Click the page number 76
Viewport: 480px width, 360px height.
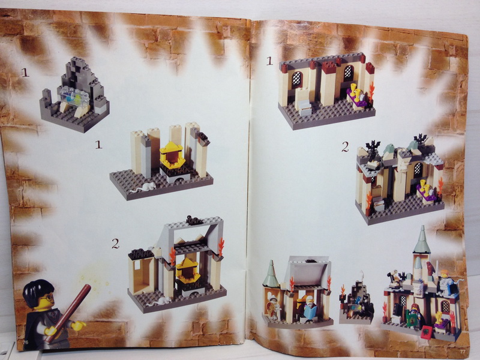point(25,342)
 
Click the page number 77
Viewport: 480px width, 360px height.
point(463,352)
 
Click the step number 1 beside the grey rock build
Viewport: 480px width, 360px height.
point(25,73)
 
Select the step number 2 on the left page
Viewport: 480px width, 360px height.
point(115,243)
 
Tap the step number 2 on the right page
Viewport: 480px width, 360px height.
point(345,146)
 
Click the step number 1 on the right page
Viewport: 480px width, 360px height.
point(269,60)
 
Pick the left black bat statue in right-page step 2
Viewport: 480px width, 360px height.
point(373,146)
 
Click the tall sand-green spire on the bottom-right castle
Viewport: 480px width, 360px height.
point(422,241)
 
